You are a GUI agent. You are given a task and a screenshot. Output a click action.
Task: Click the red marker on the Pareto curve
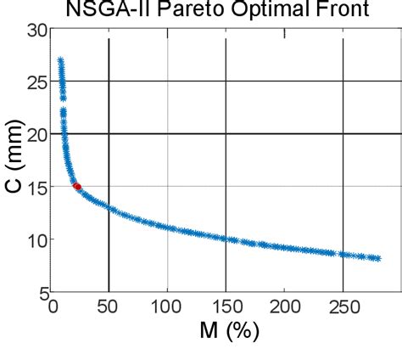(77, 186)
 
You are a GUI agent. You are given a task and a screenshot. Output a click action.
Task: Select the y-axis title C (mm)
(12, 161)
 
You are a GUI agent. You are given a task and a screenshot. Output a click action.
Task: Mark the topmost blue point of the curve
(60, 60)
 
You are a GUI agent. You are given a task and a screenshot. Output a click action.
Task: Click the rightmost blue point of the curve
(377, 258)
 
